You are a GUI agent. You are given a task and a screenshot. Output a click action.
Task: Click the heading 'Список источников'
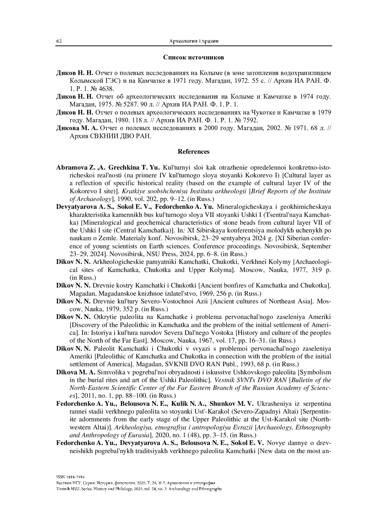(193, 57)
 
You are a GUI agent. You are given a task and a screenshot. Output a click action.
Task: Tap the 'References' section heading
(193, 152)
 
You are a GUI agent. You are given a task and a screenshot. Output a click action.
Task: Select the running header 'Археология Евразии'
(194, 41)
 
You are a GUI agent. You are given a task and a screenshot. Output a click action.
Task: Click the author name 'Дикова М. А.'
(77, 128)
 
